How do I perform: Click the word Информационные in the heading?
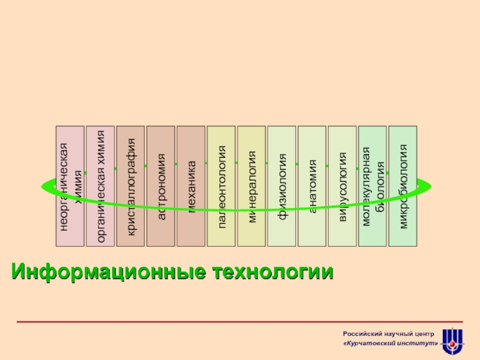click(104, 272)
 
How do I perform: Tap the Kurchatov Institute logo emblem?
click(452, 341)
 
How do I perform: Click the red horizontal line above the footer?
click(240, 322)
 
